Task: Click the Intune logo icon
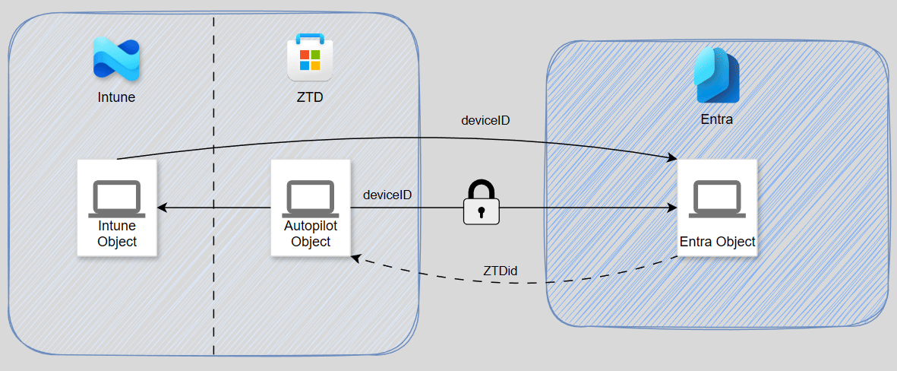[x=115, y=59]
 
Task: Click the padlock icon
[x=482, y=202]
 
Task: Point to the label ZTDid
[x=501, y=271]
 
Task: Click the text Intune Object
[x=117, y=234]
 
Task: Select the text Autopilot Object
[x=311, y=234]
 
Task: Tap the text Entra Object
[x=717, y=242]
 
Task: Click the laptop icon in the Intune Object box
[x=117, y=197]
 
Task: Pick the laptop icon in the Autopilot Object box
[x=311, y=197]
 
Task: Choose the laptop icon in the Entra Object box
[x=717, y=199]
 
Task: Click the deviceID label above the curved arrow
[x=486, y=120]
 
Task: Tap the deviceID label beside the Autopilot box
[x=387, y=195]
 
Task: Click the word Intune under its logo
[x=116, y=97]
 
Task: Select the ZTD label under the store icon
[x=309, y=97]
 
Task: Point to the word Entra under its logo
[x=716, y=120]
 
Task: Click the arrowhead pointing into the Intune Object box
[x=161, y=208]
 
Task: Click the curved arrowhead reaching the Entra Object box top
[x=672, y=158]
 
